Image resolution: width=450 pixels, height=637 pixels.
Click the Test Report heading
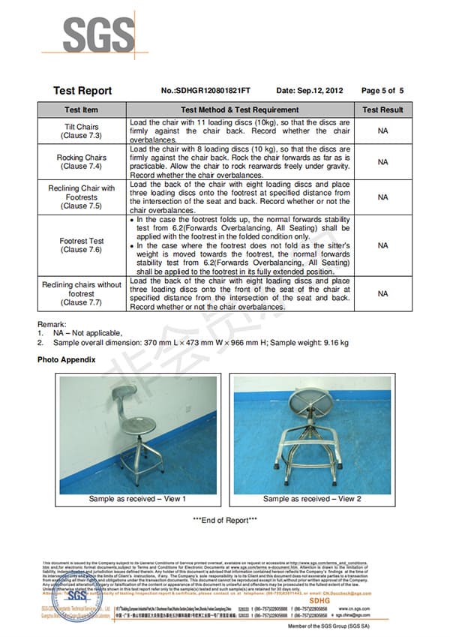point(82,91)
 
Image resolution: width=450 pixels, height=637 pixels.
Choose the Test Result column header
point(382,110)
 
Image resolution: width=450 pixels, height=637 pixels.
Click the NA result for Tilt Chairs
point(382,131)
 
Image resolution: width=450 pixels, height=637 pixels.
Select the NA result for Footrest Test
point(382,245)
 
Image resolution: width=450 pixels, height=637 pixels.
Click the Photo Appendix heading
point(67,360)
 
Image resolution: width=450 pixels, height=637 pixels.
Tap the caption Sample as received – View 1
point(137,499)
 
